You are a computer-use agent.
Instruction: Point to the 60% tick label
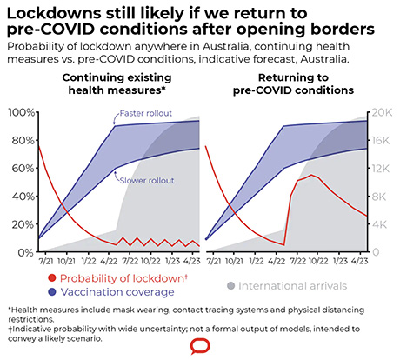click(21, 168)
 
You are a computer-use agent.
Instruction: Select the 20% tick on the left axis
click(21, 224)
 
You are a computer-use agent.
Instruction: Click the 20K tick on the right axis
click(383, 112)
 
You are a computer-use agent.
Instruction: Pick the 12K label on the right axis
click(383, 168)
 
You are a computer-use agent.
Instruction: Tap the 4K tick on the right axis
click(383, 224)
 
